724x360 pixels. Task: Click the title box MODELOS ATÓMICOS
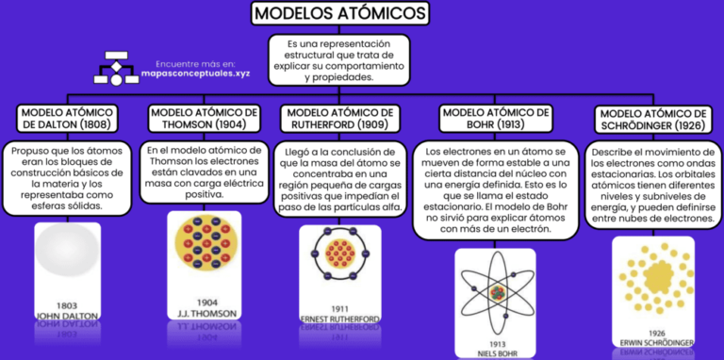pos(340,14)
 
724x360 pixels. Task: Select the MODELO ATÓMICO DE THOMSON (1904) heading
pos(199,118)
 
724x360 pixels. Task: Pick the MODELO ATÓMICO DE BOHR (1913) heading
pos(495,118)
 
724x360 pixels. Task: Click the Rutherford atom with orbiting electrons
pos(341,254)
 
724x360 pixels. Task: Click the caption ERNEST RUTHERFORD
pos(341,319)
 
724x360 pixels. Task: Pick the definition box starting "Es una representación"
pos(338,60)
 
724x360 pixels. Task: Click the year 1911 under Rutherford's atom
pos(341,308)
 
